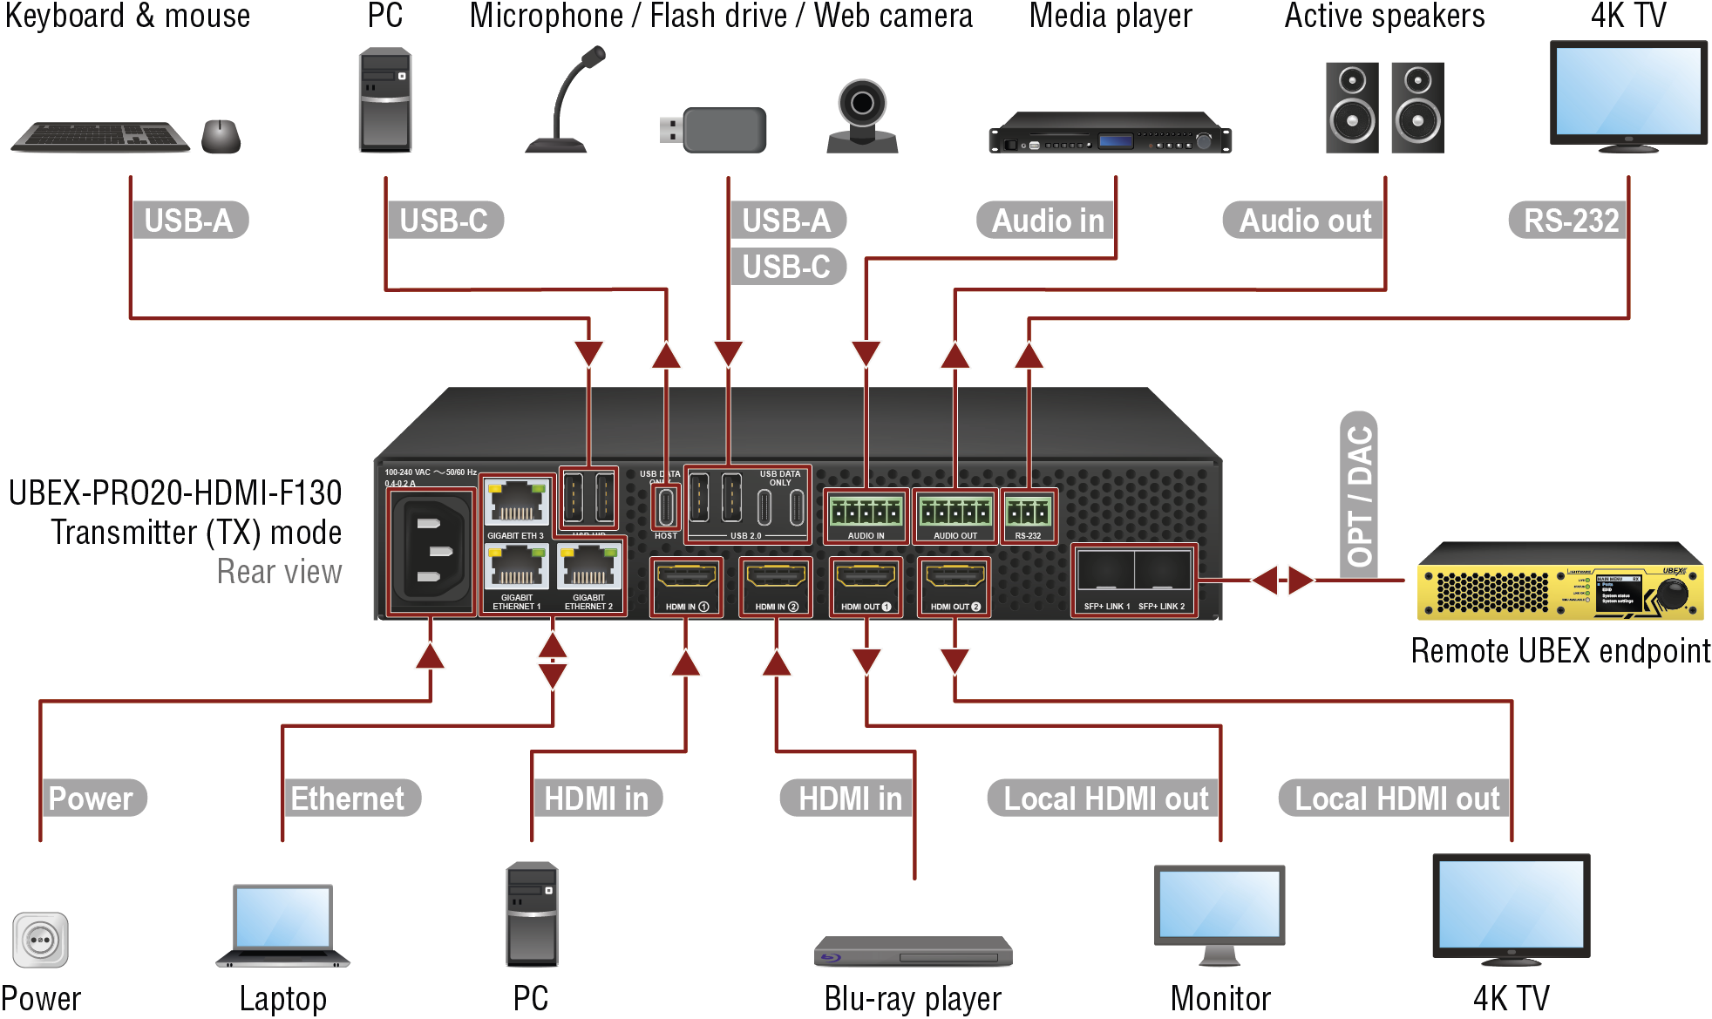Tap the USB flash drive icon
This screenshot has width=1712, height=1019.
click(714, 130)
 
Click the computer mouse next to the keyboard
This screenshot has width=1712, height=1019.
click(221, 136)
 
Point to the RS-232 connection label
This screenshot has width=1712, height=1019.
click(1569, 220)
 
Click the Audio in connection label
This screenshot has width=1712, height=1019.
click(1046, 220)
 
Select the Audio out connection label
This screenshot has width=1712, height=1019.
click(1304, 220)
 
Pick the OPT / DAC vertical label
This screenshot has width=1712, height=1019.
click(1359, 495)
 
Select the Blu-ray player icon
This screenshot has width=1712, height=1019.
click(913, 951)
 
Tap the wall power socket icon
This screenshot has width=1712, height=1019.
click(40, 941)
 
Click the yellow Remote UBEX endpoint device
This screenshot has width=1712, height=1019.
click(1559, 582)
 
